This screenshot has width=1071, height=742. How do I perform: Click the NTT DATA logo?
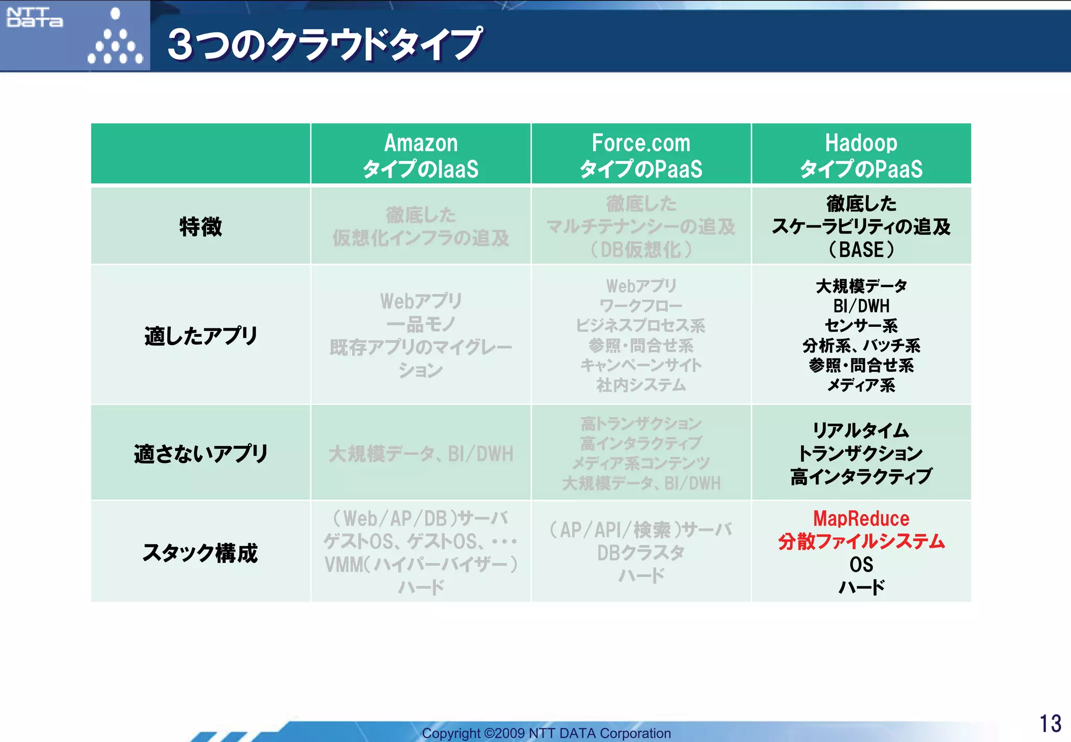point(35,17)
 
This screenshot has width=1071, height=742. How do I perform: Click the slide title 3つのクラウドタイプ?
point(324,44)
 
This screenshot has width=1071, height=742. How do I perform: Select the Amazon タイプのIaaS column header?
point(420,155)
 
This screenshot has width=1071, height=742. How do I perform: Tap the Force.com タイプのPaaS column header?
point(641,155)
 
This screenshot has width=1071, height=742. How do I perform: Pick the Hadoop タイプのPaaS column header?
point(861,155)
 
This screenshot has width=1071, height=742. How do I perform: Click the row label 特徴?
point(200,226)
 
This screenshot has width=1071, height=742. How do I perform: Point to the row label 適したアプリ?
point(200,336)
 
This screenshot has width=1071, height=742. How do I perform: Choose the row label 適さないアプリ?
point(200,453)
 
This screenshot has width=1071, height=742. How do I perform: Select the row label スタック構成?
point(200,553)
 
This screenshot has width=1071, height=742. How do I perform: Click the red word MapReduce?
point(861,518)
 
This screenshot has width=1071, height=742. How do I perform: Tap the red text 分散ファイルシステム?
point(861,541)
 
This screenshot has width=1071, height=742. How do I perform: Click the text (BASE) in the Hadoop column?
point(861,249)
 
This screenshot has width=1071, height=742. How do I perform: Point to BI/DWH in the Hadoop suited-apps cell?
point(861,305)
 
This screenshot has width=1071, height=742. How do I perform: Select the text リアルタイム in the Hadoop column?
point(861,430)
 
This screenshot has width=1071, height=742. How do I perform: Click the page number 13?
point(1050,724)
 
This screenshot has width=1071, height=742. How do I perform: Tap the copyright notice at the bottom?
point(546,733)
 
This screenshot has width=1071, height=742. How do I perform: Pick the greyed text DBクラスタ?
point(641,553)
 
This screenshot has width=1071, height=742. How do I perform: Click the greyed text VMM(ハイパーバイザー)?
point(420,565)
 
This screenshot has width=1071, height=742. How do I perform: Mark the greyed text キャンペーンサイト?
point(641,365)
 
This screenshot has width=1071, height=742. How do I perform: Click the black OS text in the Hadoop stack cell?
point(861,565)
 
